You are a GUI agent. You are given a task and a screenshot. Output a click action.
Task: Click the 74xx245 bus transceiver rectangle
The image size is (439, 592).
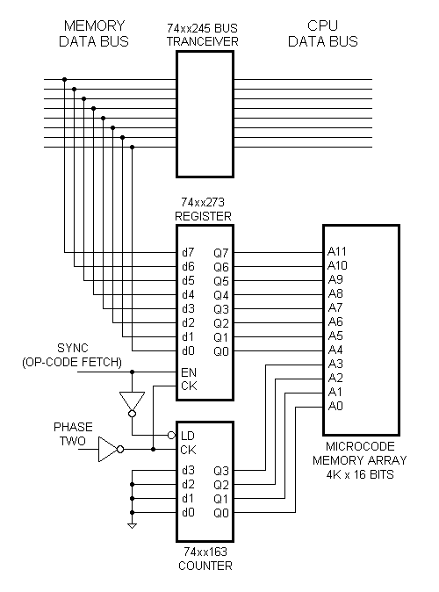click(x=205, y=114)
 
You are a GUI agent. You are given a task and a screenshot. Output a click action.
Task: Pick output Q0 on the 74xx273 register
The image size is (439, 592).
click(x=222, y=351)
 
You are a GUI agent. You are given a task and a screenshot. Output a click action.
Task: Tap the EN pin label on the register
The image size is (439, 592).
click(x=188, y=372)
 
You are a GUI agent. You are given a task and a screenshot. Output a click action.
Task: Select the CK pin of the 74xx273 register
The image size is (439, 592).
click(x=188, y=386)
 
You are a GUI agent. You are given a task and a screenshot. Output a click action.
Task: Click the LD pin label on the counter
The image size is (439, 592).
click(x=188, y=436)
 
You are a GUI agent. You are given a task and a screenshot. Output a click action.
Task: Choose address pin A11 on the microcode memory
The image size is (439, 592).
click(x=337, y=251)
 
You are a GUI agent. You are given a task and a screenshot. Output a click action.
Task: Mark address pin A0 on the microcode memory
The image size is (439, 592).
click(x=335, y=406)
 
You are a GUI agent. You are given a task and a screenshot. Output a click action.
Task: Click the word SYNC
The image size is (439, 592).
click(x=74, y=349)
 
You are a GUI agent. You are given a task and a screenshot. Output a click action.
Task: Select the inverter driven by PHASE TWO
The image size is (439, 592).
click(x=108, y=450)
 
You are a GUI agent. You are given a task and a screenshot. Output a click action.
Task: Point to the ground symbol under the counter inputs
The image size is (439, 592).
click(x=132, y=525)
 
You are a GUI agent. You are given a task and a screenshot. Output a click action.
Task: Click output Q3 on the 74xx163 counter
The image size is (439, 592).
click(x=222, y=470)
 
